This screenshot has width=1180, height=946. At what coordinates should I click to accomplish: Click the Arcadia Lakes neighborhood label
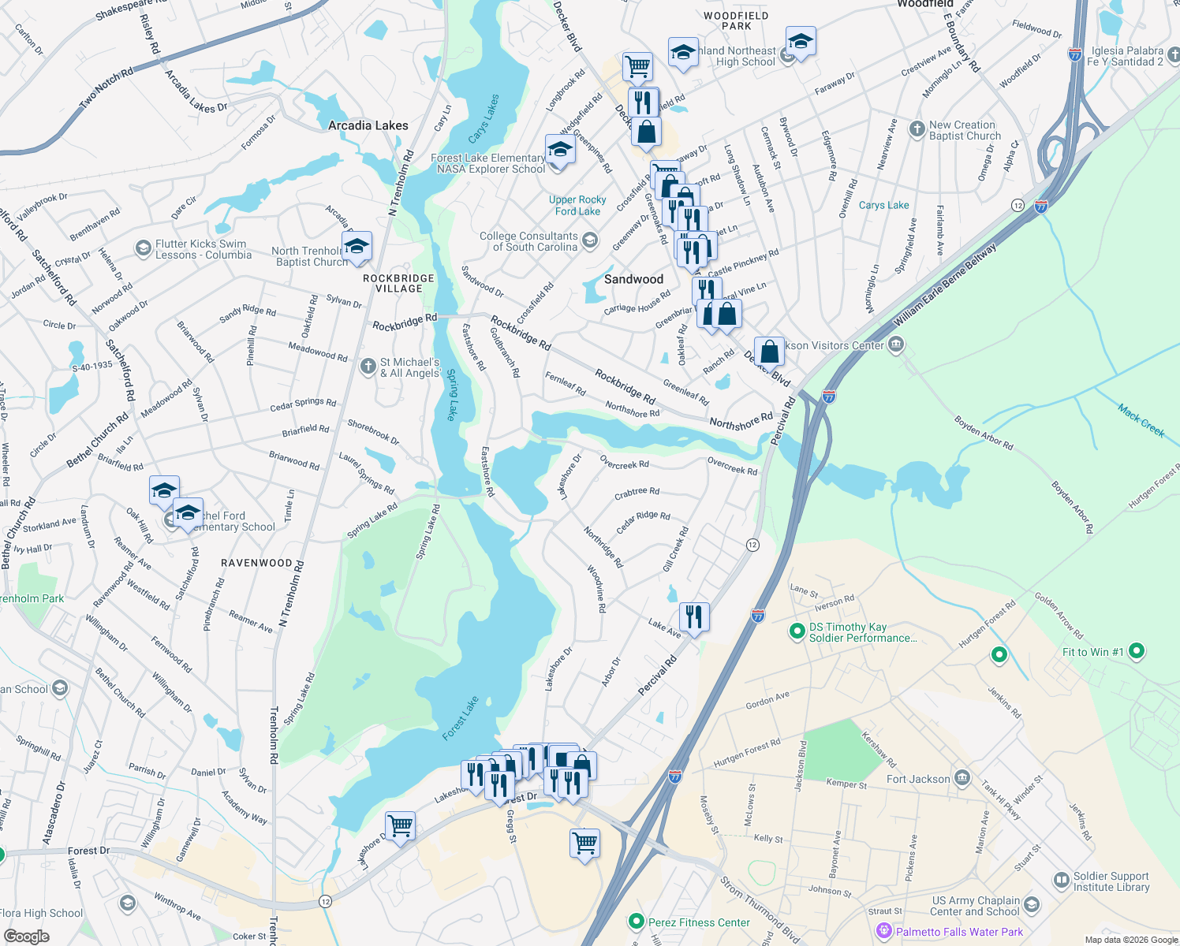coord(368,125)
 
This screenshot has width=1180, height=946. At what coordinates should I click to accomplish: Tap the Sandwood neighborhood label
coord(633,279)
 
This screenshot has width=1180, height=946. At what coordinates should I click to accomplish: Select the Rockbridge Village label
coord(398,284)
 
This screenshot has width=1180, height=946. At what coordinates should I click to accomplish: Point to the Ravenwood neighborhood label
coord(256,563)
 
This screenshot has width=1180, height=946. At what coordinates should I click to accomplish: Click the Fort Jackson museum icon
coord(962,779)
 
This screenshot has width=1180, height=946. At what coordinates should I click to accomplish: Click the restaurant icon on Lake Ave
coord(694,616)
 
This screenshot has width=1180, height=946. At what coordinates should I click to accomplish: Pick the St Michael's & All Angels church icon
coord(368,367)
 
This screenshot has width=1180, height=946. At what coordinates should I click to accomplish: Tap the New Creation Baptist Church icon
coord(917,129)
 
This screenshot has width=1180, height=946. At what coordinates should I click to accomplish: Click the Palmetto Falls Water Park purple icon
coord(884,932)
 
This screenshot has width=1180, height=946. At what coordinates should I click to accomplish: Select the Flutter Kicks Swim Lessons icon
coord(143,249)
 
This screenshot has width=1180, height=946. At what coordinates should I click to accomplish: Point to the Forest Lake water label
coord(461,718)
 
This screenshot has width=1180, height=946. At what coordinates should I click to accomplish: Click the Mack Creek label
coord(1141,420)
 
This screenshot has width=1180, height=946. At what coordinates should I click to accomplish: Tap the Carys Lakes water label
coord(484,119)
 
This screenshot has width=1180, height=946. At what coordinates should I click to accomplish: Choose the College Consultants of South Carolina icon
coord(590,240)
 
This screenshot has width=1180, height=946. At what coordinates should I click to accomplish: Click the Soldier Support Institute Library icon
coord(1061,880)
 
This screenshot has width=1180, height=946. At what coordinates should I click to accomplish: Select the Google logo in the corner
coord(26,937)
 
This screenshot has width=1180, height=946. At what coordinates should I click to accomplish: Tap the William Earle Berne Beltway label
coord(945,285)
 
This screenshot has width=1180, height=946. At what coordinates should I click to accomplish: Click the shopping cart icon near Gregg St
coord(584,843)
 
